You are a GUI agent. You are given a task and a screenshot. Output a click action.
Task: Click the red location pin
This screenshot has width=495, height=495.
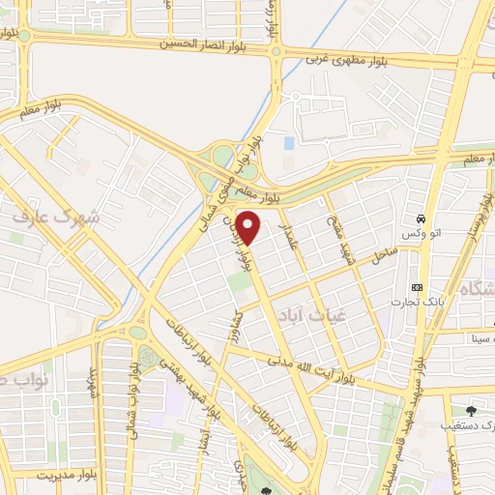point(248,227)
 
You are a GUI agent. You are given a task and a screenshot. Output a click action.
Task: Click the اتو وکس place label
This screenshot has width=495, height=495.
point(421,235)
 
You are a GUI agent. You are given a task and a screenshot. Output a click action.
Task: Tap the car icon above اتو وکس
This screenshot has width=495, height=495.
point(421,218)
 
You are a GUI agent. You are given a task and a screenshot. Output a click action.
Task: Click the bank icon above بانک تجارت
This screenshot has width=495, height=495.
point(418,288)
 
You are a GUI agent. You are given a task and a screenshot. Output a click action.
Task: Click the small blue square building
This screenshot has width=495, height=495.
point(289,143)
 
